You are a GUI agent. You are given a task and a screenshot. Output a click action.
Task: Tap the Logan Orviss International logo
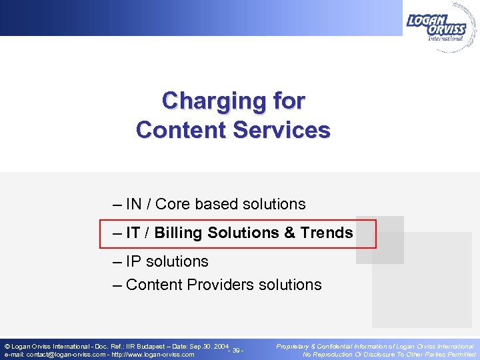[x=437, y=26]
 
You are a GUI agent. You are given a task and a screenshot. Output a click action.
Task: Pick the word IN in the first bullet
[x=133, y=204]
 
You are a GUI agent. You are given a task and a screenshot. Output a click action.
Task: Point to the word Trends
[x=327, y=233]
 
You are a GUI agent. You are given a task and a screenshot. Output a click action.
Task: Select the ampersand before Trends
[x=289, y=233]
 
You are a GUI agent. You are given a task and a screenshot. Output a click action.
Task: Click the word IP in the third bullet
[x=133, y=261]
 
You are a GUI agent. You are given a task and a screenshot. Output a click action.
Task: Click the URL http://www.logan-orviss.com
[x=153, y=355]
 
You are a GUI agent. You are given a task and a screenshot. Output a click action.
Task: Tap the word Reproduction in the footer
[x=340, y=355]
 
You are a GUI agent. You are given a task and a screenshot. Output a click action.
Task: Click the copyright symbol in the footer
[x=7, y=347]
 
